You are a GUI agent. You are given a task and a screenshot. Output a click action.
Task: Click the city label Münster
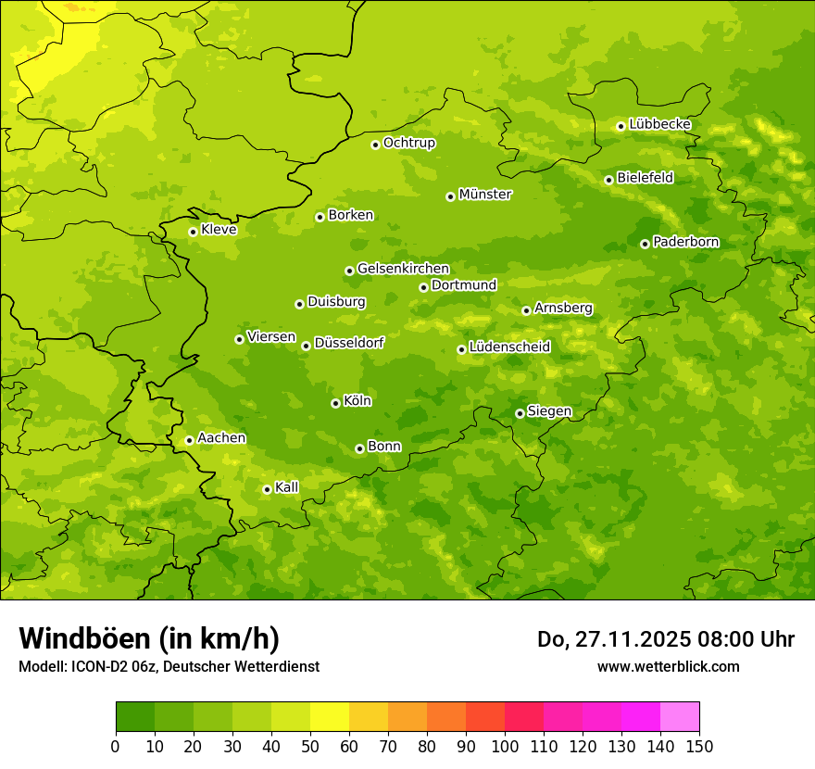(x=485, y=195)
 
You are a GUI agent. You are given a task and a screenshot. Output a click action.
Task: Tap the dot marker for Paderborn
(x=645, y=244)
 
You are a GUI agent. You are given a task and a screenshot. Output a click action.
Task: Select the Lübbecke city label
(x=659, y=124)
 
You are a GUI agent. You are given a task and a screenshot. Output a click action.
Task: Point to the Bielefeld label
(x=645, y=178)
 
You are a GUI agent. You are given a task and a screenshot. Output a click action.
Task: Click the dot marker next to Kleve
(x=193, y=232)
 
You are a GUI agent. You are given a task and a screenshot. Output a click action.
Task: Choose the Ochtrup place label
(x=408, y=143)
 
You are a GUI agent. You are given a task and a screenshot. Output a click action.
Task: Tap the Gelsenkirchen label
(x=403, y=269)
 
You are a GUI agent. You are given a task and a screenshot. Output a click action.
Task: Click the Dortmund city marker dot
(x=423, y=287)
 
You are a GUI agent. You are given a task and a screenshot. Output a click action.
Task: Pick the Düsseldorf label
(x=349, y=343)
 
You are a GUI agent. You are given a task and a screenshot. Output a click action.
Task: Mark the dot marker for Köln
(x=335, y=403)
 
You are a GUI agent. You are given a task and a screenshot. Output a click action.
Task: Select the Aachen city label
(x=221, y=438)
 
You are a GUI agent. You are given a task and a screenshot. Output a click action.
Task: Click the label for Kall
(x=287, y=487)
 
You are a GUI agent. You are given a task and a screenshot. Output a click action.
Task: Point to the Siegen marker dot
(x=520, y=413)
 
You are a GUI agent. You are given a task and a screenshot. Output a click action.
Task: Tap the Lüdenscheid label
(x=509, y=347)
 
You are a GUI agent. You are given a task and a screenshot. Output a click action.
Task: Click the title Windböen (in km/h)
(x=149, y=638)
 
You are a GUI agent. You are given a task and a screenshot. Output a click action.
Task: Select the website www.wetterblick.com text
(x=668, y=667)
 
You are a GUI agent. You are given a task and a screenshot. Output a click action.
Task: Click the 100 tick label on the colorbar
(x=505, y=747)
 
